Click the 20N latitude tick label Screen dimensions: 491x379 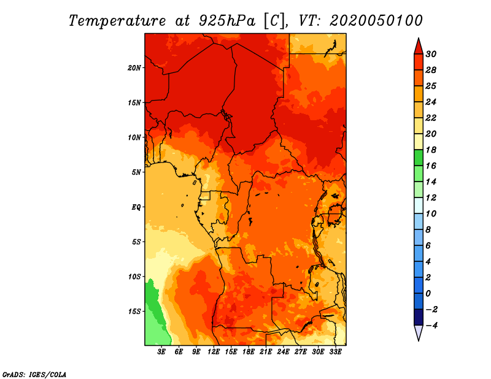click(134, 68)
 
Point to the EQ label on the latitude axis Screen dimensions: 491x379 click(136, 207)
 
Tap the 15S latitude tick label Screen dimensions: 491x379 click(134, 312)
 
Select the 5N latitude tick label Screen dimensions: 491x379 click(136, 172)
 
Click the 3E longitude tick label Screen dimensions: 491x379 click(161, 352)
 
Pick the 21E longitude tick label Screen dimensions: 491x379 click(266, 352)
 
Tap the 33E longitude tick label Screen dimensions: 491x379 click(335, 352)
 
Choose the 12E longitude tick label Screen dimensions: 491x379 click(213, 352)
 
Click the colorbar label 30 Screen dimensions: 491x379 click(431, 54)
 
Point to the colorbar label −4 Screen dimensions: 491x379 click(431, 326)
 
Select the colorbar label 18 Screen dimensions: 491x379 click(431, 150)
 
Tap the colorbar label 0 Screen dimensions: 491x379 click(428, 294)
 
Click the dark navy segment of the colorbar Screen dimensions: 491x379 click(419, 317)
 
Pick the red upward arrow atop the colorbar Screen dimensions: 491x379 click(419, 47)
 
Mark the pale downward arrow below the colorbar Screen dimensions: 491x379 click(419, 333)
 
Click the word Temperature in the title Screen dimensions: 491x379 click(117, 21)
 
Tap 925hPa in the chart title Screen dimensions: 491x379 click(226, 21)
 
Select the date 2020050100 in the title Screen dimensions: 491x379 click(376, 21)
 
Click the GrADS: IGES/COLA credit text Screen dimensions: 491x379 click(34, 374)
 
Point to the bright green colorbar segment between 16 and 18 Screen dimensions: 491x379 click(419, 158)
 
